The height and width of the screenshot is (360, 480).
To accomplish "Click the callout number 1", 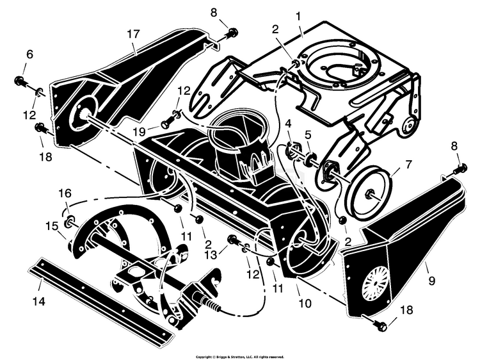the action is [298, 15].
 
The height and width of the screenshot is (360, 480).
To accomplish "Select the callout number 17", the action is [133, 34].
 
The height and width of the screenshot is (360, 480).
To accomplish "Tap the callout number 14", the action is [39, 301].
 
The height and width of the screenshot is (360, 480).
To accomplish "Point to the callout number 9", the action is [431, 281].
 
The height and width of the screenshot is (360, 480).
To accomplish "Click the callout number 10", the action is [305, 304].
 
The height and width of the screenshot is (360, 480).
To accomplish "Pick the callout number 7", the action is [408, 165].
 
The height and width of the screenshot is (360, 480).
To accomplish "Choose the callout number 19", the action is [140, 132].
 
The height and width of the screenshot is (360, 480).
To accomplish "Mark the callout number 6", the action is [29, 54].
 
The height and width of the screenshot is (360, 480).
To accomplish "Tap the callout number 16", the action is [65, 193].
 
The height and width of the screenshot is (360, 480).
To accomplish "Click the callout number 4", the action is [288, 124].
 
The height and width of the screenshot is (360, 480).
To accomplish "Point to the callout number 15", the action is [51, 226].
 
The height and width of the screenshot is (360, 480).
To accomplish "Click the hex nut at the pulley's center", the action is [369, 193].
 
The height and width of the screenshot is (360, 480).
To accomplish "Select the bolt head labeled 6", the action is [19, 80].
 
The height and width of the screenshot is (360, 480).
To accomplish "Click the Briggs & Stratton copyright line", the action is [240, 357].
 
